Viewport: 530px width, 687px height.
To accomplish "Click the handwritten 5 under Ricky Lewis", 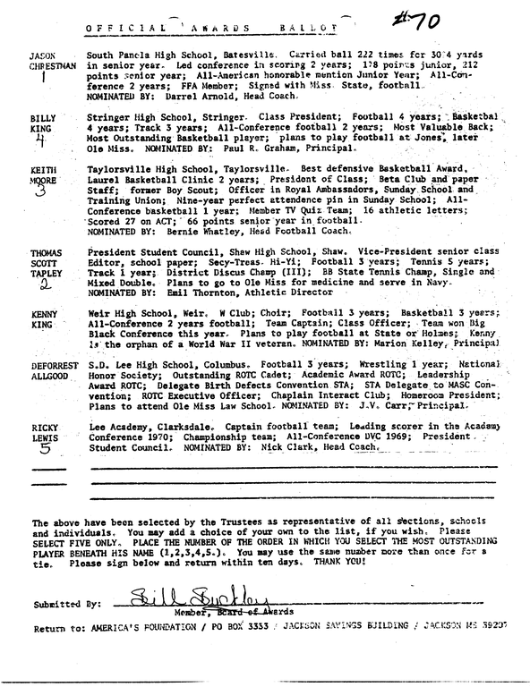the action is [43, 452].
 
